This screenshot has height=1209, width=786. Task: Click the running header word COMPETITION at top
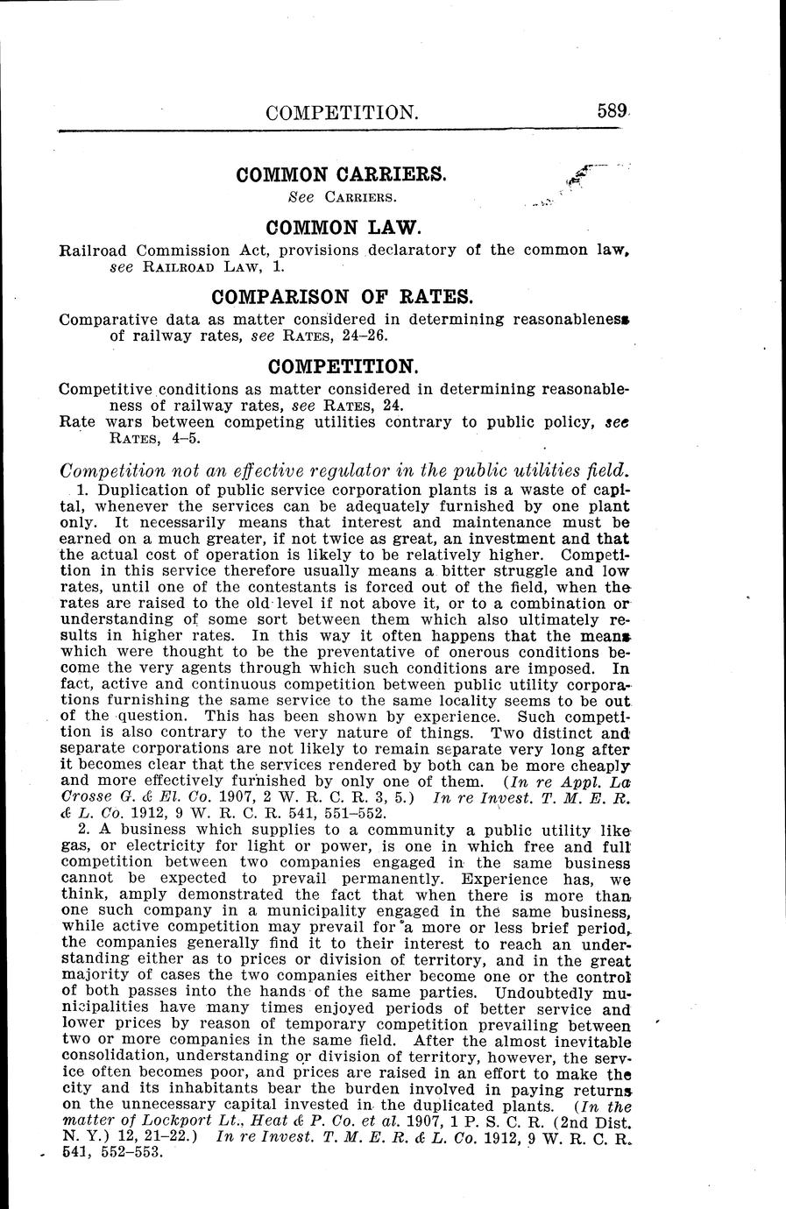(x=329, y=113)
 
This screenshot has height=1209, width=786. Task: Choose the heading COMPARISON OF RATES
(x=343, y=297)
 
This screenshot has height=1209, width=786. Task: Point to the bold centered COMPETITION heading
(x=343, y=365)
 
